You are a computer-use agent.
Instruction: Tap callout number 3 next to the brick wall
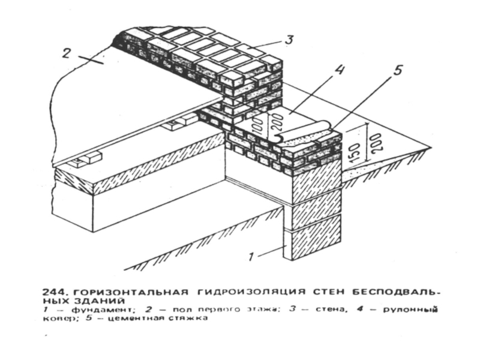point(289,41)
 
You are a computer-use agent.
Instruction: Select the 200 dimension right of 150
point(377,142)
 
